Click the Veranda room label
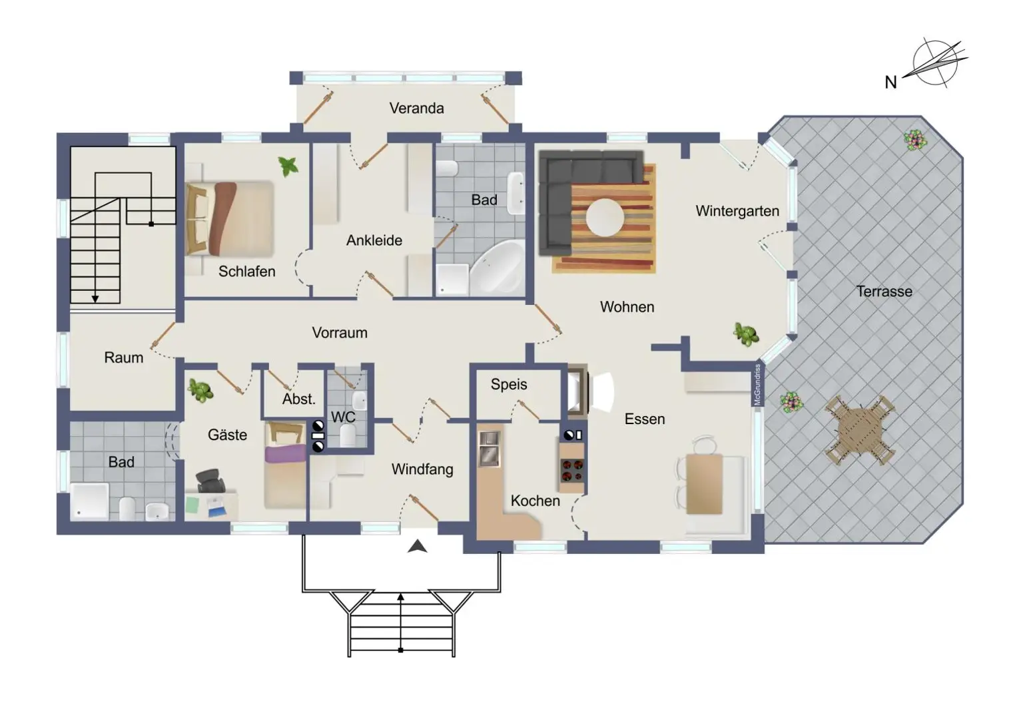click(x=416, y=108)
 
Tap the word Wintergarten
click(x=737, y=211)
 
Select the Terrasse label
click(x=884, y=291)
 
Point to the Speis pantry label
click(x=509, y=384)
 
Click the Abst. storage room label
click(x=298, y=399)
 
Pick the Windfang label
click(x=422, y=469)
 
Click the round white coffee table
click(x=605, y=217)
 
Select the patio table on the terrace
click(x=860, y=431)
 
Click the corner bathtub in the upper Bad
click(x=498, y=267)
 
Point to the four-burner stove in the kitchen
click(x=572, y=471)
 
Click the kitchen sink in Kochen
click(x=489, y=449)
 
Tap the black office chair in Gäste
click(x=210, y=481)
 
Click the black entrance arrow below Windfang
click(x=417, y=546)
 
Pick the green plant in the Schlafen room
click(x=288, y=166)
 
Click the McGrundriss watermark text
click(x=757, y=385)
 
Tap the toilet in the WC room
click(x=348, y=436)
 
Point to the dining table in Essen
click(x=704, y=484)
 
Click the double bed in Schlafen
click(x=230, y=218)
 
